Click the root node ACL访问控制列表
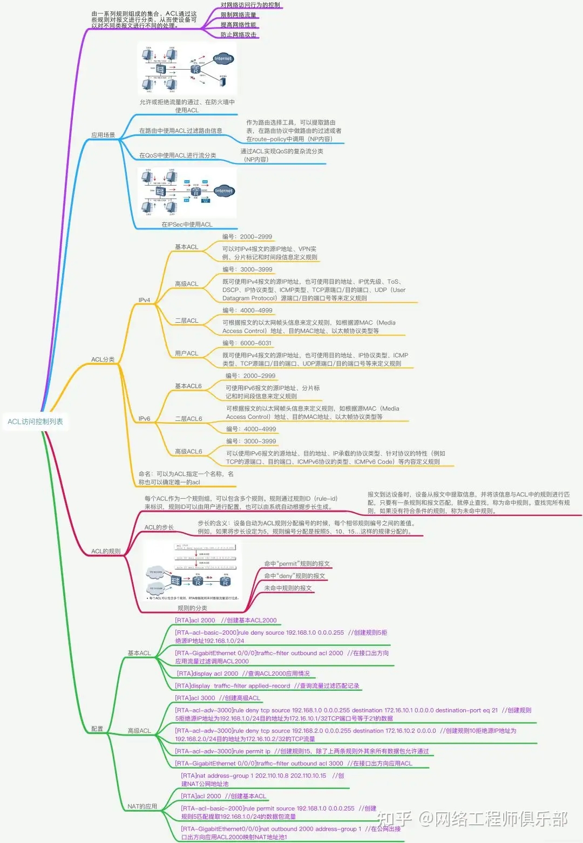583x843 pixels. point(35,421)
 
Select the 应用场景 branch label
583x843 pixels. point(103,135)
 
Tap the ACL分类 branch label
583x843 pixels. point(103,359)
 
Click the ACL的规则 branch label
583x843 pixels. point(106,551)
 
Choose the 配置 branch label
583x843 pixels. point(97,729)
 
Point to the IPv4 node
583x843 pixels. point(144,300)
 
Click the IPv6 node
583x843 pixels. point(144,419)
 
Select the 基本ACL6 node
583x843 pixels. point(188,386)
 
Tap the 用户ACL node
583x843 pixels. point(186,353)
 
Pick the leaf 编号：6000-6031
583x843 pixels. point(247,343)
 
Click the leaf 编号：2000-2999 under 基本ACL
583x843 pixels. point(247,237)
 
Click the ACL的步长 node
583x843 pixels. point(159,527)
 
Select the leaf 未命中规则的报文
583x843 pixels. point(288,588)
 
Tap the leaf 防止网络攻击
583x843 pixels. point(238,35)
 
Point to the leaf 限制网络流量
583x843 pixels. point(238,15)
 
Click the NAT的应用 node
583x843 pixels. point(142,806)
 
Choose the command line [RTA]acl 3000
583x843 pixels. point(195,698)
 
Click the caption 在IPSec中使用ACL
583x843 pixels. point(187,225)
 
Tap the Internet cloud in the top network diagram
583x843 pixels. point(222,59)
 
